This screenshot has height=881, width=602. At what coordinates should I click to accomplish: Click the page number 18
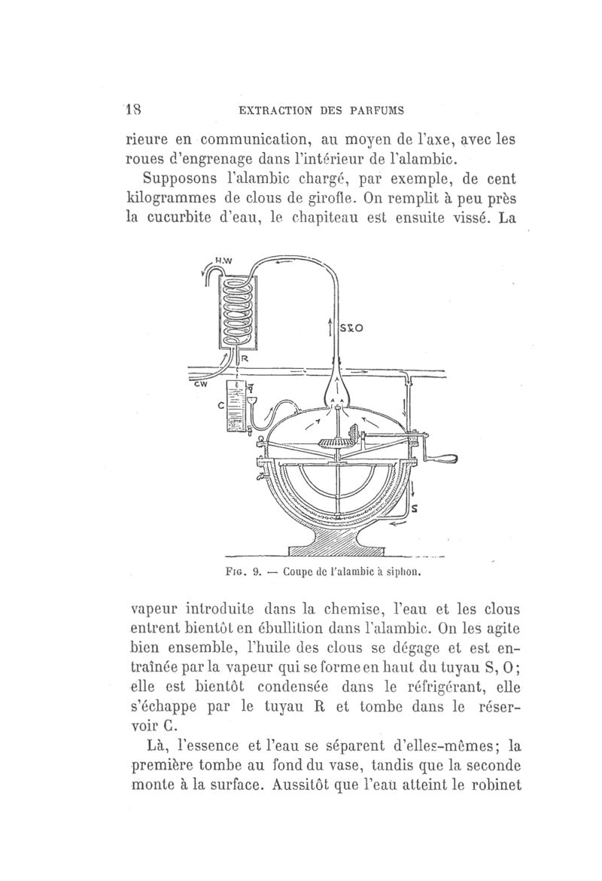(134, 108)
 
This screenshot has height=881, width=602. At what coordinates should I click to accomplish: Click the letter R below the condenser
(245, 359)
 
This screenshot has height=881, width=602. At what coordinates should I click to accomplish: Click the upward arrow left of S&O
(332, 329)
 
